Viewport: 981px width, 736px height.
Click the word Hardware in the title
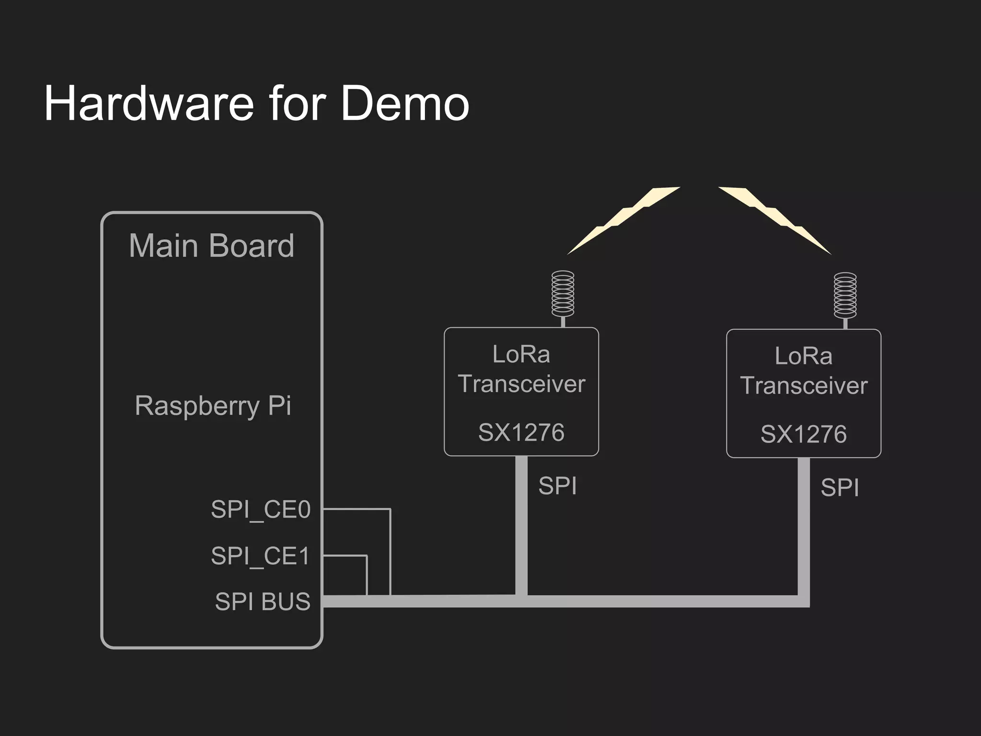(148, 103)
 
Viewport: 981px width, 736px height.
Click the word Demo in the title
(405, 103)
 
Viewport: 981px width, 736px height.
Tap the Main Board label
(211, 246)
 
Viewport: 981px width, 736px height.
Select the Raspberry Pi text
(213, 406)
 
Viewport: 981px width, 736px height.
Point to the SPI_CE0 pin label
(261, 509)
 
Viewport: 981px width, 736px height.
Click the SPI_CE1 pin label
(261, 556)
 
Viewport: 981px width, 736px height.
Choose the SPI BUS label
(262, 601)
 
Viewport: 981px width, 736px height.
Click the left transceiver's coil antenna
(563, 294)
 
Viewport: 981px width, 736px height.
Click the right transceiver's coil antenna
(845, 296)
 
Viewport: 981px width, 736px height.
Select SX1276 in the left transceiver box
(521, 432)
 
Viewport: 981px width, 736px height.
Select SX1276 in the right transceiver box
(803, 434)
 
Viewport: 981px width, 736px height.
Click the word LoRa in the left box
(521, 355)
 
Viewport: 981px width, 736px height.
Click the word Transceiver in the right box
(803, 386)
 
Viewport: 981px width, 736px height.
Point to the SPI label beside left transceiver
(557, 486)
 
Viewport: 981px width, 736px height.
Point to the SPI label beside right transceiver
(839, 488)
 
